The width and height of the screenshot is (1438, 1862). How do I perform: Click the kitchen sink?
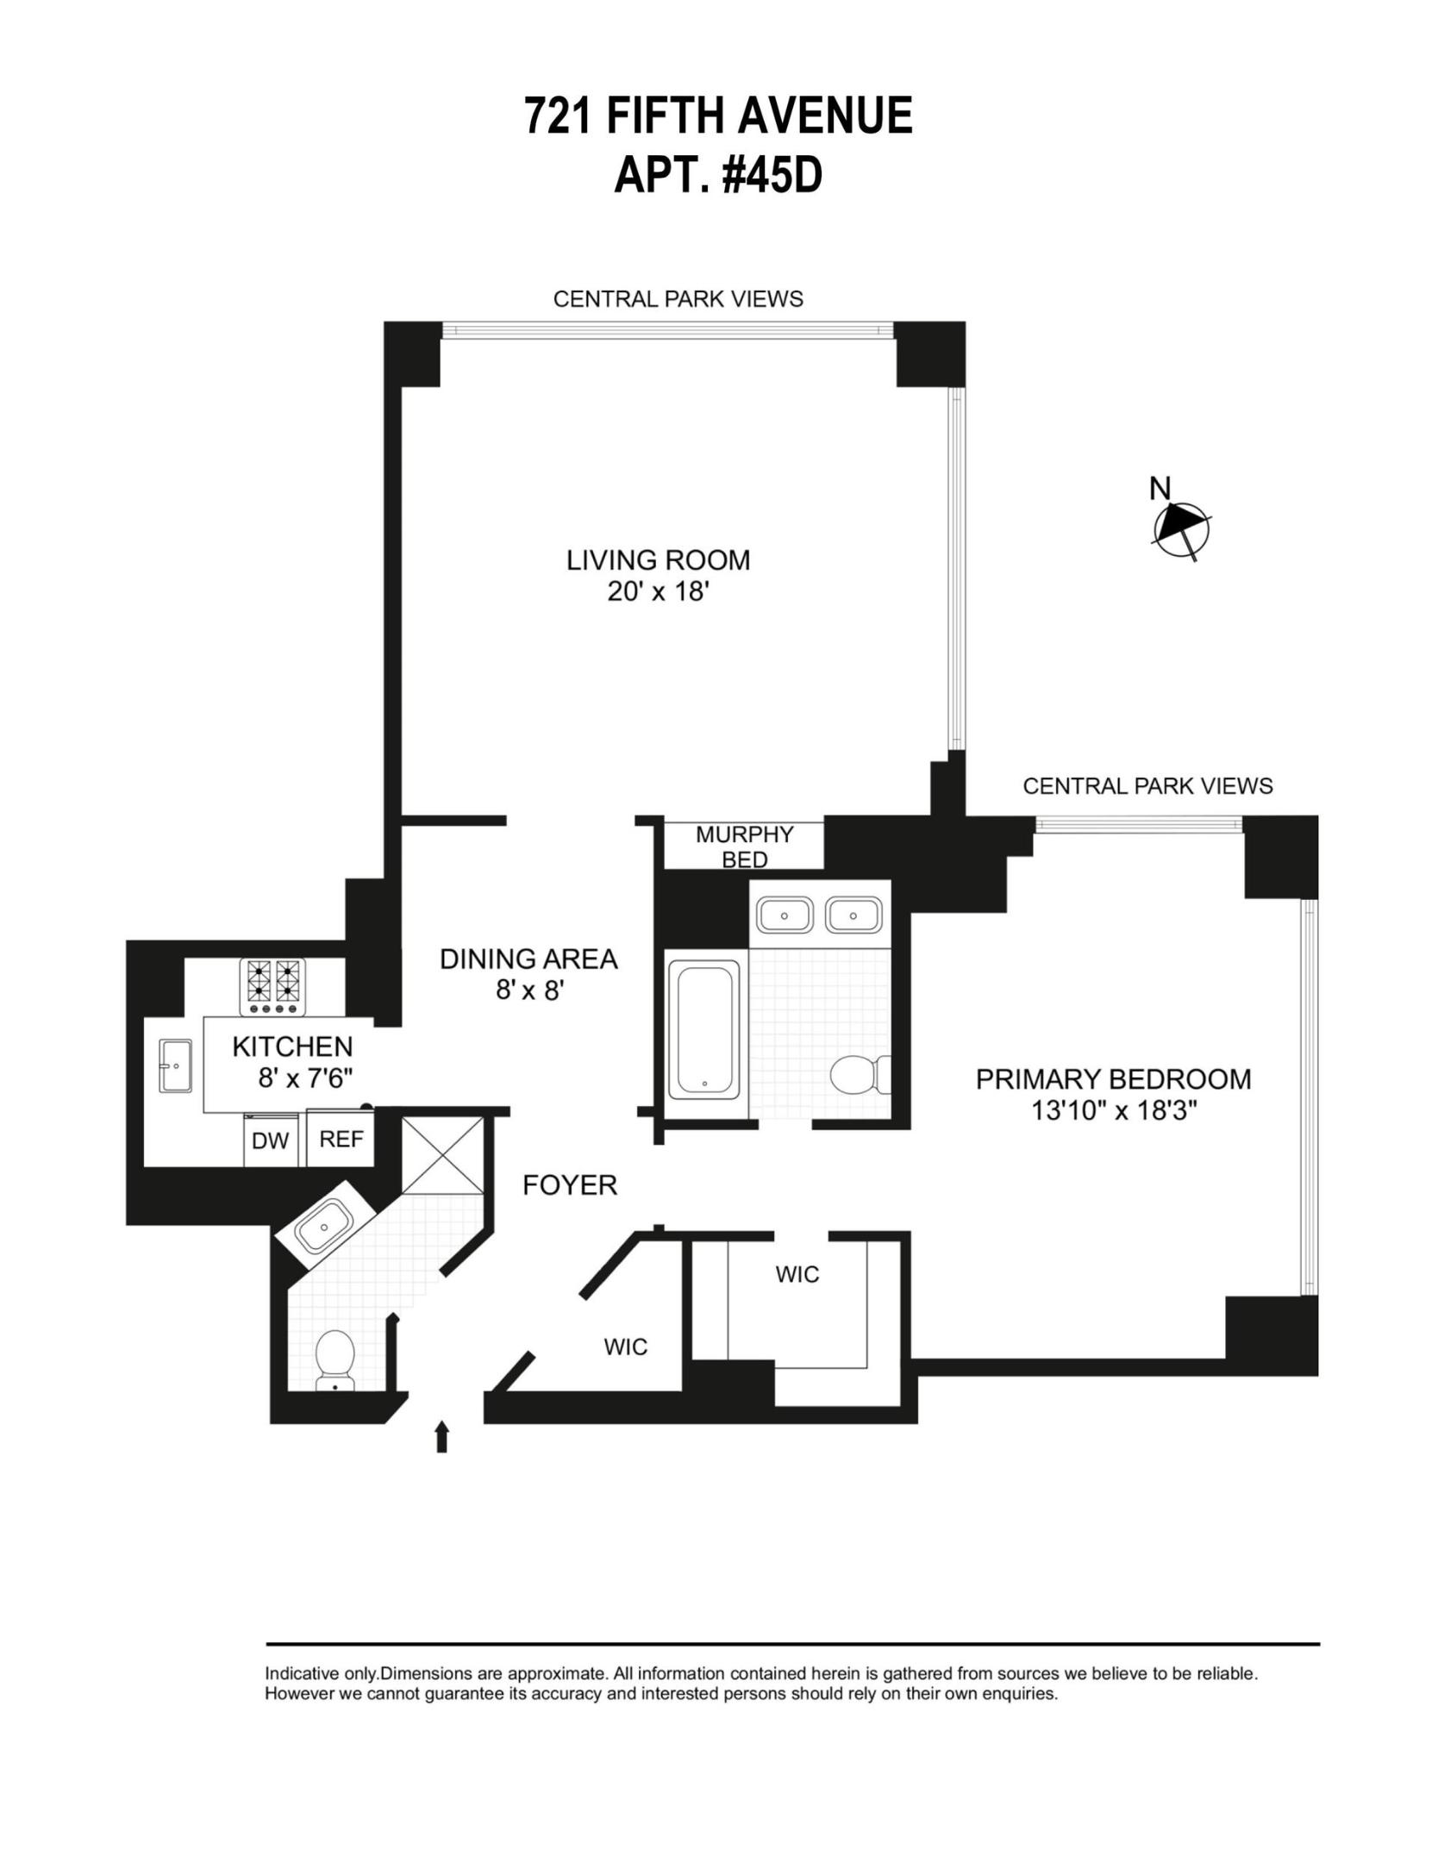click(x=175, y=1065)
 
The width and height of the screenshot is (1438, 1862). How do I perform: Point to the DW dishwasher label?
click(x=270, y=1141)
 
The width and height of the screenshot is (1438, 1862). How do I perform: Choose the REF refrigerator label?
click(x=341, y=1140)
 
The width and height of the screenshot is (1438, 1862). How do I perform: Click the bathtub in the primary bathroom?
click(x=703, y=1031)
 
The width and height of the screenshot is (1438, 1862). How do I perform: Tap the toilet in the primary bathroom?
click(x=856, y=1074)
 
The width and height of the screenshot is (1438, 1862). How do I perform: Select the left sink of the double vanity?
click(x=784, y=914)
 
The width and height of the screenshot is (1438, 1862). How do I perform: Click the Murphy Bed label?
click(x=744, y=847)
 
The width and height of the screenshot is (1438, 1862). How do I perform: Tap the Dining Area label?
click(x=528, y=959)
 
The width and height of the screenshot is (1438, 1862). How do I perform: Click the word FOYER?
click(x=570, y=1185)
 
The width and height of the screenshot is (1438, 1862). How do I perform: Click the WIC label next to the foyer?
click(x=625, y=1347)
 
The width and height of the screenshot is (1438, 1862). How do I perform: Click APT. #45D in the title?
click(x=718, y=175)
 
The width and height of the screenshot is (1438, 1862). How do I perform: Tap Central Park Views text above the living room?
click(x=678, y=299)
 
